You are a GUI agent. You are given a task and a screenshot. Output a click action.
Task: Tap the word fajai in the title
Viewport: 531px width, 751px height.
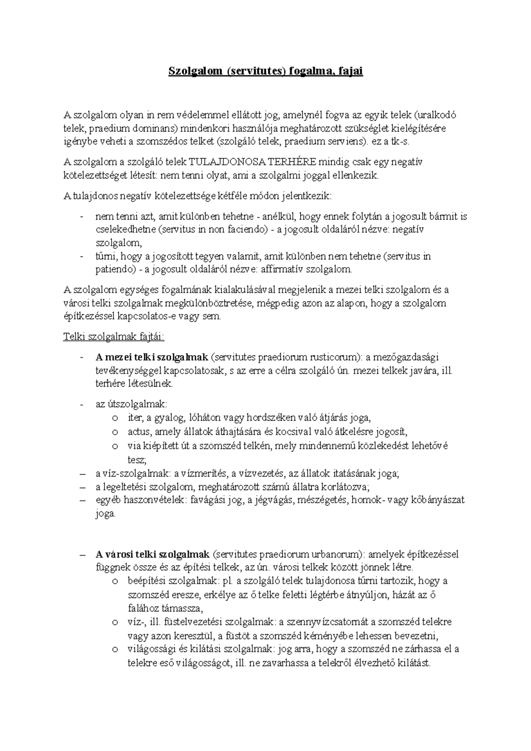[x=350, y=71]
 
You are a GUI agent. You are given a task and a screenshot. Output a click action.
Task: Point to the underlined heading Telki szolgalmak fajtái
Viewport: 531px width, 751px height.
[x=114, y=337]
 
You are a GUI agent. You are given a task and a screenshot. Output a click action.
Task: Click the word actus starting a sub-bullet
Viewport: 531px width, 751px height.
[x=137, y=432]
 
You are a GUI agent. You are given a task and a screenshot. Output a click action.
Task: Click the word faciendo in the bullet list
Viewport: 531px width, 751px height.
[x=249, y=230]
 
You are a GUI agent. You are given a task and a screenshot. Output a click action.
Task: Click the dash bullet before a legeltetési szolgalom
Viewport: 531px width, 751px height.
[x=82, y=487]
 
